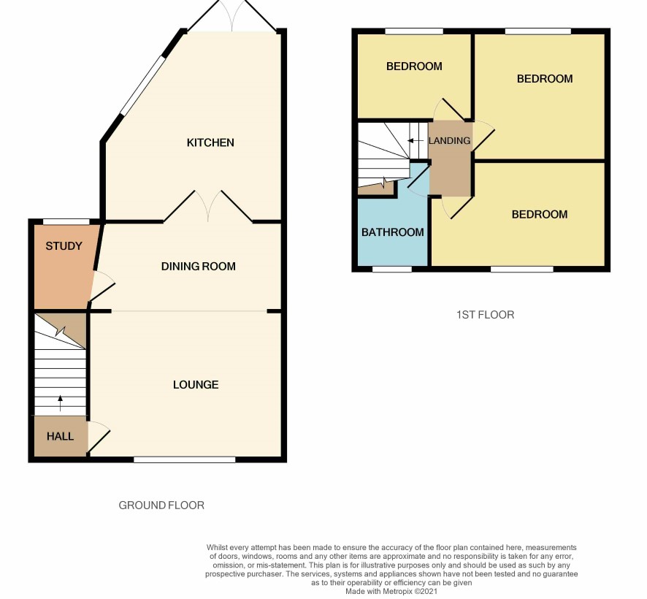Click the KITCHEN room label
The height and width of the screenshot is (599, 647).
[210, 142]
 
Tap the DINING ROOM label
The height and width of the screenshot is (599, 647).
[199, 267]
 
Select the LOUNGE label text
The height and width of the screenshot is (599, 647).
[196, 385]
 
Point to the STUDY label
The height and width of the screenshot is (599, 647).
[64, 246]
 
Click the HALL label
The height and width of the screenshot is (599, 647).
[60, 436]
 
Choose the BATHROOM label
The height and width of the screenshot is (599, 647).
[393, 232]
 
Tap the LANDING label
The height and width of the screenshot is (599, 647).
[449, 141]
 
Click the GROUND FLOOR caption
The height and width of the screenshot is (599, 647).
[161, 505]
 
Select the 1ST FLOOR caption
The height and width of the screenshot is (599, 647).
[485, 315]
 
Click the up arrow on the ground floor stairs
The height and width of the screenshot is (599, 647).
[60, 403]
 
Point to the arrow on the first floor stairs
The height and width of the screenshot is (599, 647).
[416, 141]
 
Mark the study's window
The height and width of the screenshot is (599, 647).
[66, 221]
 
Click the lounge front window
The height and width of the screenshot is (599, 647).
[185, 459]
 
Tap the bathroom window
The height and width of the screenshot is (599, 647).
[392, 269]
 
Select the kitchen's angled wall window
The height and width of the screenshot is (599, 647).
[143, 85]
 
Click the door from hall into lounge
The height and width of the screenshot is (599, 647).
[99, 437]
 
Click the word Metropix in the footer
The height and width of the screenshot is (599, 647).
[397, 591]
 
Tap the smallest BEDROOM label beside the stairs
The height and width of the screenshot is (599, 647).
[414, 66]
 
